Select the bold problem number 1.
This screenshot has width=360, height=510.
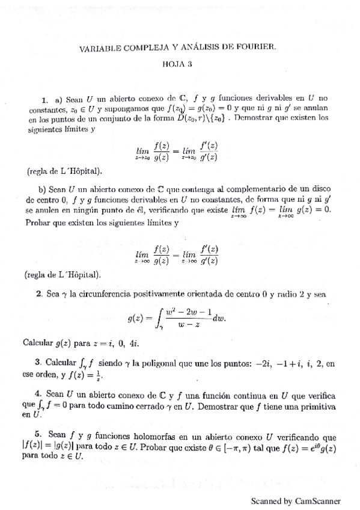[45, 99]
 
